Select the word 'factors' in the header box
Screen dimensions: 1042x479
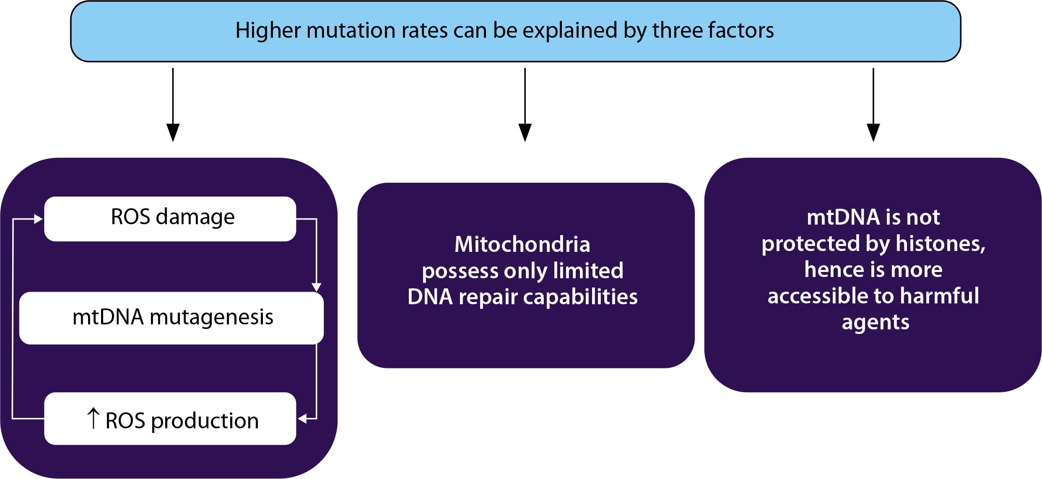coord(741,31)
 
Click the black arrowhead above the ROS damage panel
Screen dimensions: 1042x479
coord(173,132)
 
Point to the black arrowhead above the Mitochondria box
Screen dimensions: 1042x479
coord(525,132)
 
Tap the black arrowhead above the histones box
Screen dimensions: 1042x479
coord(873,132)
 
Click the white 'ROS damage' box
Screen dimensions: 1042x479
coord(170,219)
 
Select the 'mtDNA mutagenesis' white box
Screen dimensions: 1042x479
coord(172,318)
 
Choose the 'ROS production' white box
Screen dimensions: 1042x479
coord(170,418)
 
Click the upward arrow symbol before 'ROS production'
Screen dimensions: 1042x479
coord(93,418)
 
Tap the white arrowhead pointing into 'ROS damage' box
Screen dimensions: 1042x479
coord(39,219)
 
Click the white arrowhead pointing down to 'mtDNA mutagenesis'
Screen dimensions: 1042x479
coord(317,287)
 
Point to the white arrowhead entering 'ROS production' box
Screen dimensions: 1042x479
coord(302,418)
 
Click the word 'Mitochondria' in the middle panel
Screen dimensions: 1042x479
coord(522,244)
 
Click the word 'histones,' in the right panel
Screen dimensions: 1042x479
coord(941,244)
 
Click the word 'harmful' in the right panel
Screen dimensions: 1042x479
coord(940,296)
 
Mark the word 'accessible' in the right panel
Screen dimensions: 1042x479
coord(815,296)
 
